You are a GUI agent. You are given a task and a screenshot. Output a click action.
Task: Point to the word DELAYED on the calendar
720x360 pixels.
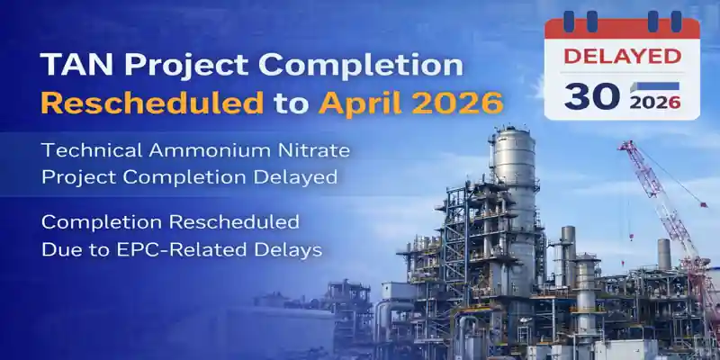coord(621,56)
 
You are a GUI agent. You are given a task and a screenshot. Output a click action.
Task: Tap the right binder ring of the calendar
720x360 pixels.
coord(675,21)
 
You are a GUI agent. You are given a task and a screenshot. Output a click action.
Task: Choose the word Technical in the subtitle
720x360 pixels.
coord(89,151)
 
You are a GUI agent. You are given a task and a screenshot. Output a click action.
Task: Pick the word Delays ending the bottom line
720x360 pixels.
coord(289,250)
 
